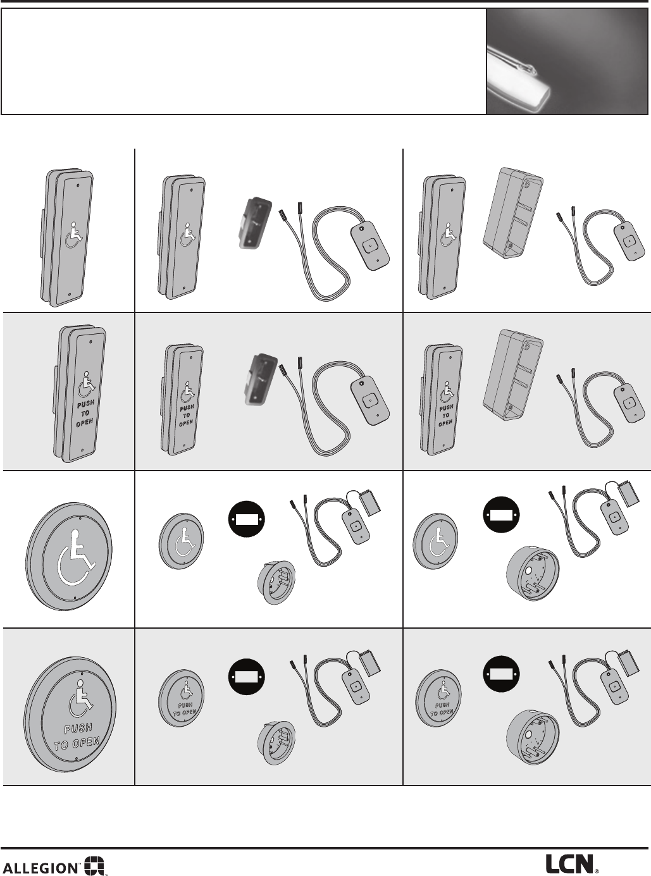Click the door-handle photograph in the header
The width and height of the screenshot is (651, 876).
coord(567,61)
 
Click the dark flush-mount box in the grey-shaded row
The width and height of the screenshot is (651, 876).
coord(256,380)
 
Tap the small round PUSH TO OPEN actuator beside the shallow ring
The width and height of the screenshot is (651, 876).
coord(180,698)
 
